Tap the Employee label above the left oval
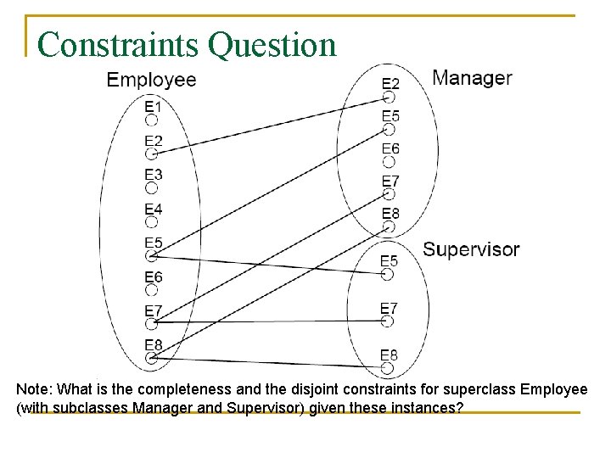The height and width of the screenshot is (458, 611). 151,80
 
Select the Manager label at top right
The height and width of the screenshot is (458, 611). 472,78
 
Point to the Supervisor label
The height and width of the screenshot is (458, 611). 471,249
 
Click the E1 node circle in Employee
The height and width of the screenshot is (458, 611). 152,120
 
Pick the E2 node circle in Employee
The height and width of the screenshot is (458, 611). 152,154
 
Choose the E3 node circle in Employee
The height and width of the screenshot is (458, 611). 152,188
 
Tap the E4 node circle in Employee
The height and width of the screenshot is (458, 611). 152,222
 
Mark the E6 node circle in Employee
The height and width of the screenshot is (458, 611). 152,290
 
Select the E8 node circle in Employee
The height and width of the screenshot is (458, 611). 152,358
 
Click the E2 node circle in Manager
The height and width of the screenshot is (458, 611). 390,97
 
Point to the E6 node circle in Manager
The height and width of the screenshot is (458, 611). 390,163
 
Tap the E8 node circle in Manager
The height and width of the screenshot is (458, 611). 390,227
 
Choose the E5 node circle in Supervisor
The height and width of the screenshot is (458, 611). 388,274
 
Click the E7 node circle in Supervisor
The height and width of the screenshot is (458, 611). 388,321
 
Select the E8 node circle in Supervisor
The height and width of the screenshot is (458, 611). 388,368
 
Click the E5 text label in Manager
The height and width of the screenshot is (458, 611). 390,116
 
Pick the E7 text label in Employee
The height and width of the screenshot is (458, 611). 154,310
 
